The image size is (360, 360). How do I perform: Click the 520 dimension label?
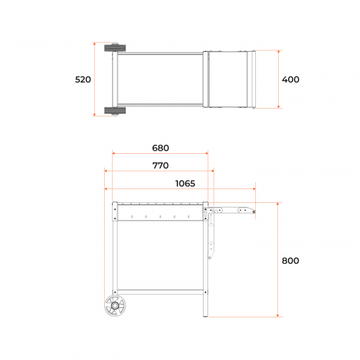click(83, 79)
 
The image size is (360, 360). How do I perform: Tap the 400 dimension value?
click(291, 79)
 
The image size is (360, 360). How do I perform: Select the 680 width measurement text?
click(160, 148)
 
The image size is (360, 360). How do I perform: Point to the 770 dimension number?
click(160, 166)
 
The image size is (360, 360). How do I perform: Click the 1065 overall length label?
click(185, 183)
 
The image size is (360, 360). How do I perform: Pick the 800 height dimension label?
click(291, 261)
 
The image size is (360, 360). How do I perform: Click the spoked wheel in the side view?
click(115, 306)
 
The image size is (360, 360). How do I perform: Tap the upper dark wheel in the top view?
click(115, 48)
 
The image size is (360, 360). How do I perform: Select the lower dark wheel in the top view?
click(115, 111)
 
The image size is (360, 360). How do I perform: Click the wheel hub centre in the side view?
click(115, 306)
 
